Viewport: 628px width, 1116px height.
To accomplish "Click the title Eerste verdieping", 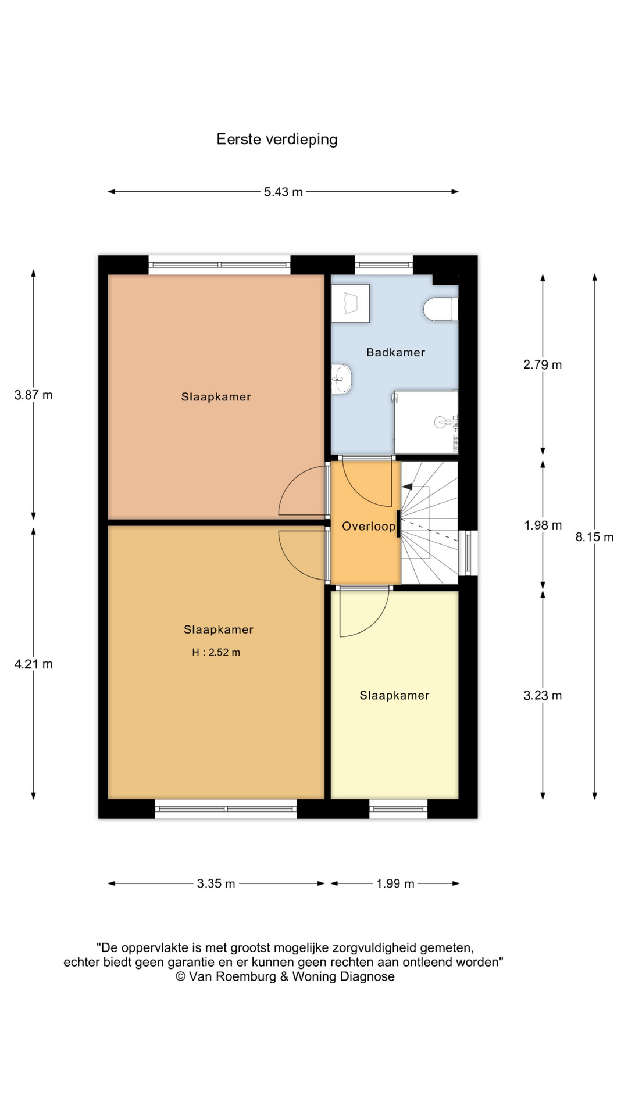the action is [x=277, y=139].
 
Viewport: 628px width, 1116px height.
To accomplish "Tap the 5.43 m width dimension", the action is [x=283, y=192].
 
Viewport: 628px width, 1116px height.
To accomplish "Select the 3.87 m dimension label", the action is [x=33, y=395].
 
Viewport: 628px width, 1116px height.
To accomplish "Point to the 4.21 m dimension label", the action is [x=33, y=664].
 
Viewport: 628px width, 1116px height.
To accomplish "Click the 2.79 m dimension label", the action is [x=543, y=364].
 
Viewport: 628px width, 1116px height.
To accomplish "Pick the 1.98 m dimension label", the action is [x=543, y=525].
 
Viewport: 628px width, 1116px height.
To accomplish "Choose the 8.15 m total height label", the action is [x=594, y=537].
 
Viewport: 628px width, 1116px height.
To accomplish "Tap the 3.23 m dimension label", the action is [x=543, y=696].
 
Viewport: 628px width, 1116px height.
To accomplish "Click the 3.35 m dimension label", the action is [x=216, y=884].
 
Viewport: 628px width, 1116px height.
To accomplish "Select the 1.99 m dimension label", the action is [x=395, y=884].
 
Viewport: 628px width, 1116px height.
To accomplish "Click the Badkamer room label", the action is [x=395, y=352].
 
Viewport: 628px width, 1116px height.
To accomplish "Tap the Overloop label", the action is [x=369, y=527].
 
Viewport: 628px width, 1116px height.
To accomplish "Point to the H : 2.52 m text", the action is [x=216, y=653].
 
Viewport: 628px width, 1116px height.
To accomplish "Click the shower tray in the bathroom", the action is [x=426, y=422].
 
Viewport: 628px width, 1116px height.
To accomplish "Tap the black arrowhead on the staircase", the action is [x=407, y=487].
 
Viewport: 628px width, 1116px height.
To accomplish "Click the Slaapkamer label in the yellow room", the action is [x=394, y=696].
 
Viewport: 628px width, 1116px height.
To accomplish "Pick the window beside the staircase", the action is [x=468, y=553].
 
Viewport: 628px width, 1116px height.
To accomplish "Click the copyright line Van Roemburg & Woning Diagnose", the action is [x=285, y=977].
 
